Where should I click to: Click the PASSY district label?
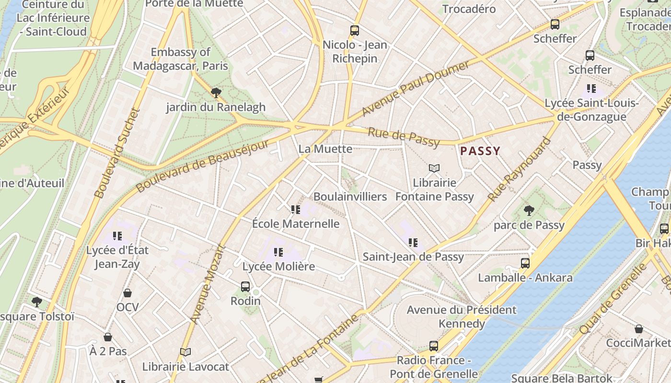pyautogui.click(x=480, y=151)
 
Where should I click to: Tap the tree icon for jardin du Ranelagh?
pyautogui.click(x=216, y=93)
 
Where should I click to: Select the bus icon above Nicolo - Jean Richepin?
pyautogui.click(x=355, y=31)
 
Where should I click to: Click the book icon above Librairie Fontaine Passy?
pyautogui.click(x=434, y=169)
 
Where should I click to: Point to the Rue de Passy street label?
pyautogui.click(x=403, y=137)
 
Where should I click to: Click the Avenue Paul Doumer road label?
pyautogui.click(x=416, y=89)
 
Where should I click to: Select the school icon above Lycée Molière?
pyautogui.click(x=278, y=252)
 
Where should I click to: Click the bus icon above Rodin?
pyautogui.click(x=245, y=287)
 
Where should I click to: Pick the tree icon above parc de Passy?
pyautogui.click(x=529, y=211)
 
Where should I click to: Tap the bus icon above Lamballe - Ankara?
pyautogui.click(x=525, y=263)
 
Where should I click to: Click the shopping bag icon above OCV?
pyautogui.click(x=127, y=293)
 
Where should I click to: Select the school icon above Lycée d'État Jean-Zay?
pyautogui.click(x=117, y=236)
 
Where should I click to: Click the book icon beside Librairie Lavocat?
pyautogui.click(x=185, y=352)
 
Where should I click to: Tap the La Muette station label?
pyautogui.click(x=325, y=149)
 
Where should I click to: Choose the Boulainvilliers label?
pyautogui.click(x=350, y=197)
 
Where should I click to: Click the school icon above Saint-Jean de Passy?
pyautogui.click(x=413, y=243)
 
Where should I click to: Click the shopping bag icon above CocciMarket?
pyautogui.click(x=639, y=329)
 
